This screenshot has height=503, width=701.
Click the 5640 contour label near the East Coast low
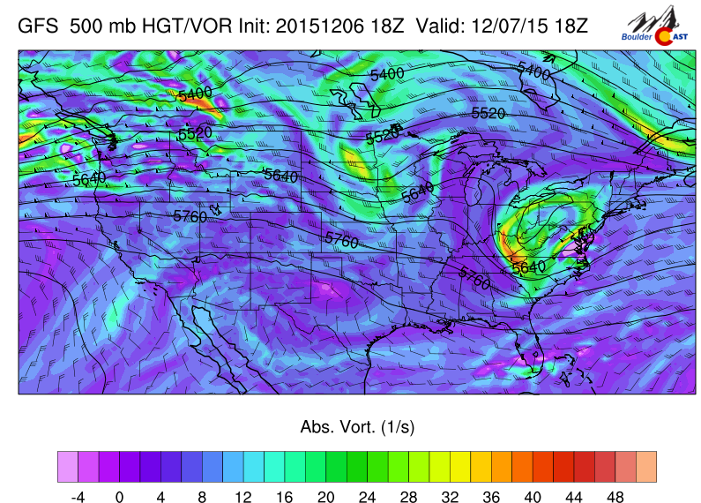coord(529,266)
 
